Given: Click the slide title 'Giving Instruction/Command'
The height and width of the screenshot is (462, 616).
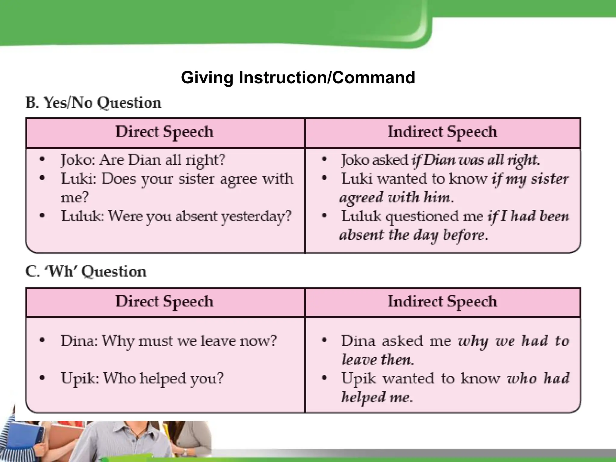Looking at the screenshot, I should click(x=298, y=78).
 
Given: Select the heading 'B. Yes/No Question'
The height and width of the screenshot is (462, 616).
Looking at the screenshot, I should click(x=94, y=103).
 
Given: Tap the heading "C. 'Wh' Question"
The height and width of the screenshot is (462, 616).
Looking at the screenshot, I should click(x=86, y=271).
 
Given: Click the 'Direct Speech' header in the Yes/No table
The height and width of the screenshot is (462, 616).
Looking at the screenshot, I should click(x=165, y=132).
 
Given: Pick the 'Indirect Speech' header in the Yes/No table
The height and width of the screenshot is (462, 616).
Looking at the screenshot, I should click(x=442, y=132).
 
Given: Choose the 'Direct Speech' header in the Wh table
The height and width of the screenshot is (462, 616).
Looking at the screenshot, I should click(x=165, y=302).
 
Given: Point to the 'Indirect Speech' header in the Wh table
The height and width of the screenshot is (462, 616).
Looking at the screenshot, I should click(x=442, y=302).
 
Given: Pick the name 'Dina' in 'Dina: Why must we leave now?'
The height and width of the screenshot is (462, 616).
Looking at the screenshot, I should click(x=78, y=341).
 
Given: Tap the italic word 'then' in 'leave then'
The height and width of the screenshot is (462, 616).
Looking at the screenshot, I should click(x=397, y=360).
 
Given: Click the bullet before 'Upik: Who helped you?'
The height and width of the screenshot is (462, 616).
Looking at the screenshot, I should click(x=42, y=378).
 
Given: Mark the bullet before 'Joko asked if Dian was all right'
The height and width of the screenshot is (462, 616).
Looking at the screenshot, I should click(x=324, y=159).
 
